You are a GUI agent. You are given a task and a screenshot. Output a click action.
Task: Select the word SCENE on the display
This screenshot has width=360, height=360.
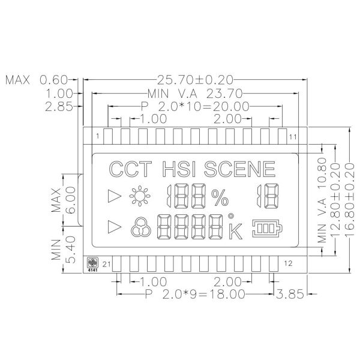[x=240, y=169]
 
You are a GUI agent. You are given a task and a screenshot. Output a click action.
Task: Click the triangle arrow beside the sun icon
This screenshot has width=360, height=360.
[x=112, y=195]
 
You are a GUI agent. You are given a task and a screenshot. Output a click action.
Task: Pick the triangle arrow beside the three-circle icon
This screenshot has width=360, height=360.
[x=112, y=227]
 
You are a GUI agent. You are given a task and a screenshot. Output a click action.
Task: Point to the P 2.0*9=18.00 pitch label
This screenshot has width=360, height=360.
[x=195, y=295]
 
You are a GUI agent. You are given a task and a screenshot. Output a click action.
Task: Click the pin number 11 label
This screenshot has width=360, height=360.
[x=293, y=137]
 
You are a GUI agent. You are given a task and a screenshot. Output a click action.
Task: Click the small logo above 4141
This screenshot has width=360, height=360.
[x=92, y=262]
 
